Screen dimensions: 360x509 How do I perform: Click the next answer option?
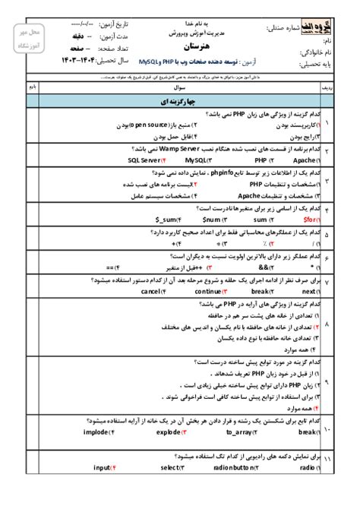click(308, 290)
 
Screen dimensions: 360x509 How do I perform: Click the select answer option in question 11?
click(168, 469)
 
